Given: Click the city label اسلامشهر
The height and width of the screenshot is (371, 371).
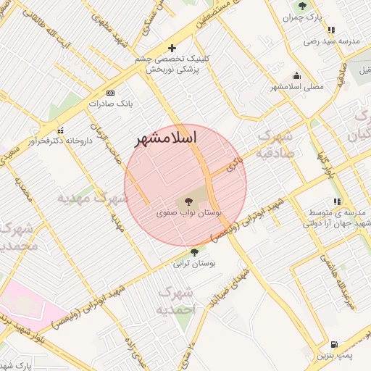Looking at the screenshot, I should click(167, 138).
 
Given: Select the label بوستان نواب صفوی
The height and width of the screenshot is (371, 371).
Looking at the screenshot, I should click(189, 214).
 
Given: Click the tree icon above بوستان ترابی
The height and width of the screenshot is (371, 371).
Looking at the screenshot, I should click(193, 252).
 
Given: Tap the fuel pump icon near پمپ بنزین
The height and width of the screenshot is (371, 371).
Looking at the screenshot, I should click(333, 345).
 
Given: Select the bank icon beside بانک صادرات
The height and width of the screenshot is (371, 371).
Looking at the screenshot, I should click(110, 93).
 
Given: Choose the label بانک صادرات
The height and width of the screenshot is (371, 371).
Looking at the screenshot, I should click(113, 104).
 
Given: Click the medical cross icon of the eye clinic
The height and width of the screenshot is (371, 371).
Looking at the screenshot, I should click(172, 47).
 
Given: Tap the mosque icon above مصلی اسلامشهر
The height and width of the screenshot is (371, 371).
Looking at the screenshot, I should click(296, 75).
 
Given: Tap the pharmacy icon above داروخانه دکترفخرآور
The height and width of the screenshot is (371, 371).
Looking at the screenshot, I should click(60, 130).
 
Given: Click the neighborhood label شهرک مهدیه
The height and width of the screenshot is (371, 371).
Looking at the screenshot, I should click(93, 197).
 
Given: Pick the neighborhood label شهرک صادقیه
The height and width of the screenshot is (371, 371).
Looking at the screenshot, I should click(275, 143).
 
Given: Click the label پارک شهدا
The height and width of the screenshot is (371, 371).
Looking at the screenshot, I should click(16, 366).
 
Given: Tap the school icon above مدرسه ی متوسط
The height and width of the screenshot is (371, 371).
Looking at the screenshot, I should click(336, 201).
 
